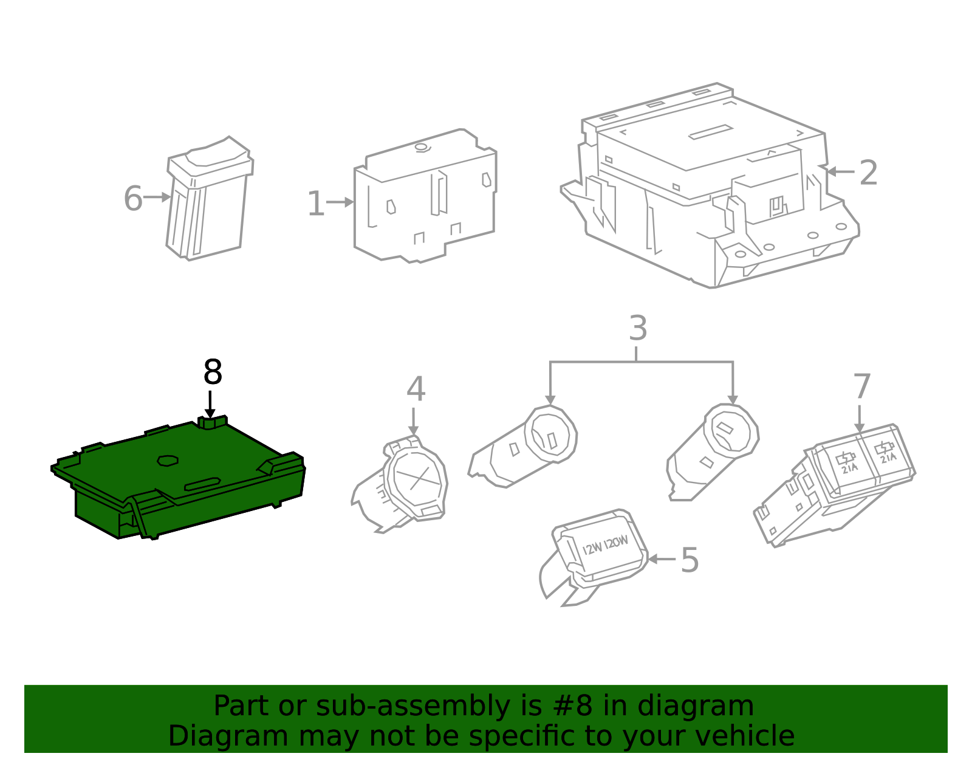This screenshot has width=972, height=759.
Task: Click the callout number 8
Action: coord(213,373)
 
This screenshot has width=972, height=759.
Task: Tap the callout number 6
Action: coord(133,199)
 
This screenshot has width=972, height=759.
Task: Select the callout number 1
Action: coord(316,204)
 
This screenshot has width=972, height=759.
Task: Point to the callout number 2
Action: coord(868,173)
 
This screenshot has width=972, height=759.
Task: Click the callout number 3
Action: coord(637,328)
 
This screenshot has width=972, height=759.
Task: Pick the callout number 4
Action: coord(416,389)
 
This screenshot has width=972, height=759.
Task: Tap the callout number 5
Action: coord(690,560)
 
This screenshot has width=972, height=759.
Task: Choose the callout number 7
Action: coord(862,386)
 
